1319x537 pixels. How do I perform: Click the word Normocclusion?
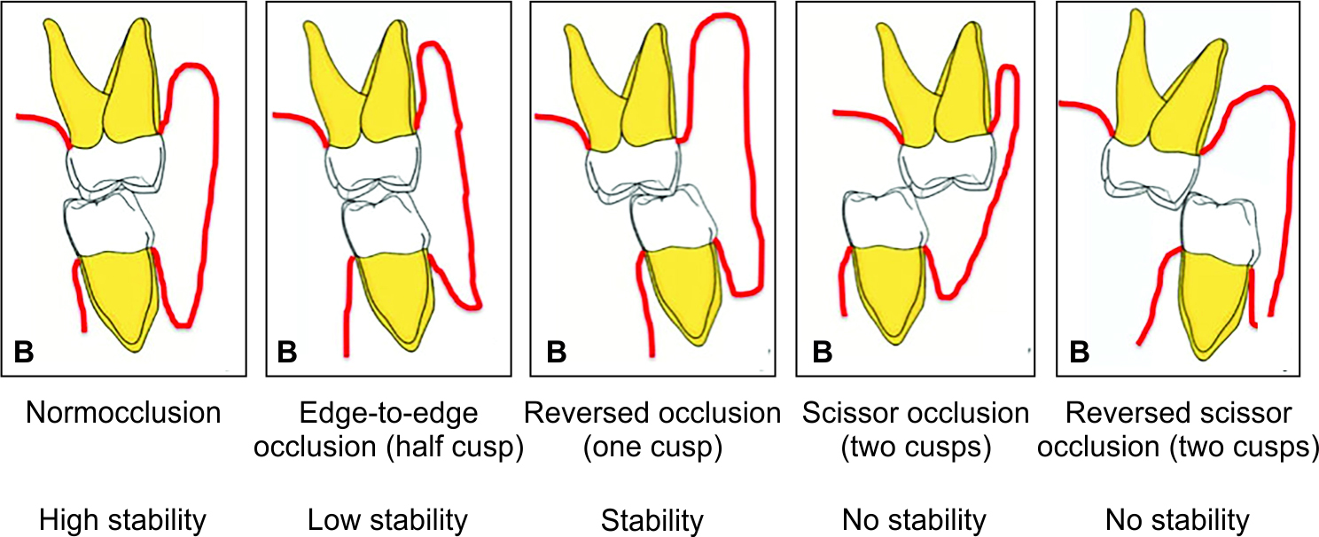click(123, 415)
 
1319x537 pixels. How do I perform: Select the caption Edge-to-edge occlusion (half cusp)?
click(388, 431)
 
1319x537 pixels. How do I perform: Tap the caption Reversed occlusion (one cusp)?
click(652, 431)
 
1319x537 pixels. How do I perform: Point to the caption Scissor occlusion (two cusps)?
click(916, 431)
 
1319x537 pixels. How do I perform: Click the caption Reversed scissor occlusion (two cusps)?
click(1177, 431)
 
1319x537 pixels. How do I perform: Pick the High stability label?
click(123, 519)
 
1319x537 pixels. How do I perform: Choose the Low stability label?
click(388, 519)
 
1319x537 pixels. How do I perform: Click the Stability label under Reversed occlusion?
click(652, 519)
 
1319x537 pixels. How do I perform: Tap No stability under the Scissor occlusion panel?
click(916, 519)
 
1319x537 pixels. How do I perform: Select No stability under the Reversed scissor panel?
click(1177, 519)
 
